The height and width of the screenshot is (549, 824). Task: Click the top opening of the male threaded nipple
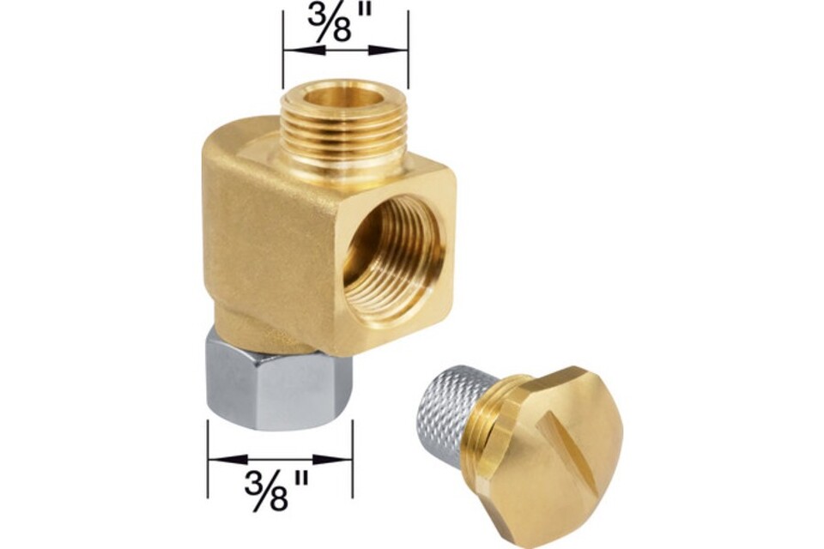pos(345,97)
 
